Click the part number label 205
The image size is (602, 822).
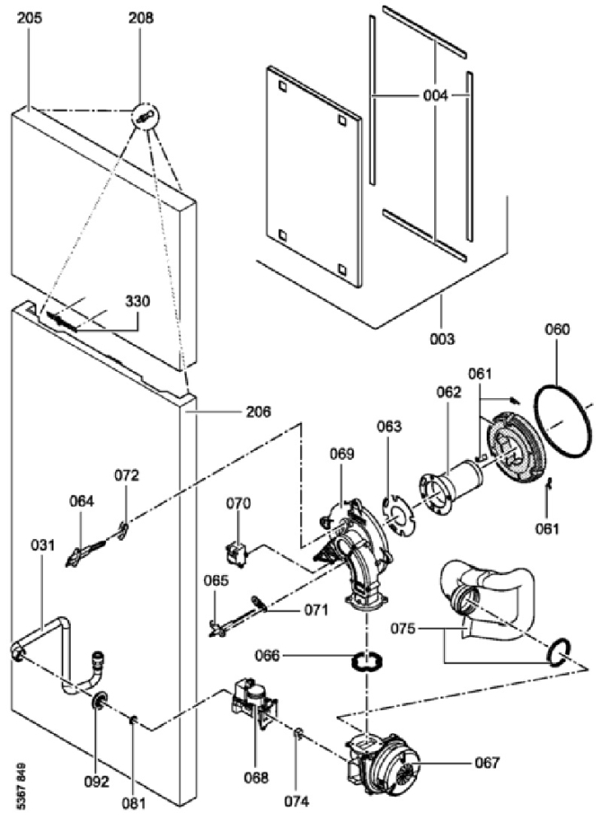tap(30, 18)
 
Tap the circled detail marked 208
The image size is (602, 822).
tap(145, 117)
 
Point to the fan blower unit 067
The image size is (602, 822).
tap(383, 762)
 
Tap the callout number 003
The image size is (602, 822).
tap(442, 339)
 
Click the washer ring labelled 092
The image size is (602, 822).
tap(98, 700)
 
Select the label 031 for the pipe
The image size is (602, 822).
tap(43, 546)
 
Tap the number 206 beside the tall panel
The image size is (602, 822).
tap(259, 411)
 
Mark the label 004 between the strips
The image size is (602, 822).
tap(436, 96)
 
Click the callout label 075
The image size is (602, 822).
tap(404, 628)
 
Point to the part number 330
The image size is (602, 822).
tap(137, 301)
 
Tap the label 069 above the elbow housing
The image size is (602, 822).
tap(341, 454)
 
